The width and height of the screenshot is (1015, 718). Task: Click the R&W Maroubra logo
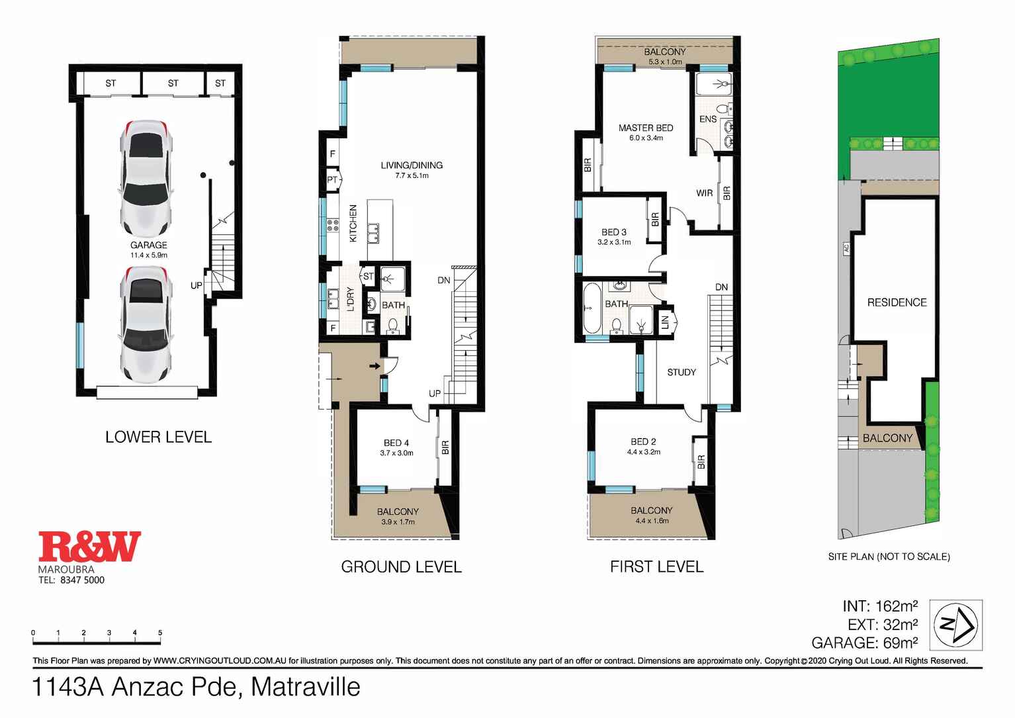(89, 547)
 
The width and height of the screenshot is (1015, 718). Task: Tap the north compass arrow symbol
(956, 625)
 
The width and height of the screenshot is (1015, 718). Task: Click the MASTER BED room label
(645, 128)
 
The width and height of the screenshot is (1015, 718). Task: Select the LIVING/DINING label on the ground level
(412, 165)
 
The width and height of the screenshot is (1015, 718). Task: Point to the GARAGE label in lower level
(148, 246)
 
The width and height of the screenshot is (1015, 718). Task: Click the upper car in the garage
(146, 179)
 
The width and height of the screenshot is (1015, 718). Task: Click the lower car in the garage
(146, 324)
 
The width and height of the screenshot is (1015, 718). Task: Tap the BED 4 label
(396, 443)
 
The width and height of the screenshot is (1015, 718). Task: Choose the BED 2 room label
(643, 442)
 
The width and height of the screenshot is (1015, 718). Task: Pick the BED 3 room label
(613, 232)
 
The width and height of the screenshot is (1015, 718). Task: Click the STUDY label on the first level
(682, 373)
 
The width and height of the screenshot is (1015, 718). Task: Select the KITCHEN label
(353, 223)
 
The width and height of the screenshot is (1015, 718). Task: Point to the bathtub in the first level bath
(592, 308)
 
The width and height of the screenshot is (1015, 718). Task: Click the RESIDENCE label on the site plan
(897, 302)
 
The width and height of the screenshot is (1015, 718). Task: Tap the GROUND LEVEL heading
(401, 567)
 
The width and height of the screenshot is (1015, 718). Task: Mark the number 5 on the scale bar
(160, 633)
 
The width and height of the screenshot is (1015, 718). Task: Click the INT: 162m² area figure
(879, 606)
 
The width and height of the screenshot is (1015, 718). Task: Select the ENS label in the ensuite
(707, 119)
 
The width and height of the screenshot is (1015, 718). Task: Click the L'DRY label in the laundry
(351, 300)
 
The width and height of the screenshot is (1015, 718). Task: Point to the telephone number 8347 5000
(82, 580)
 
